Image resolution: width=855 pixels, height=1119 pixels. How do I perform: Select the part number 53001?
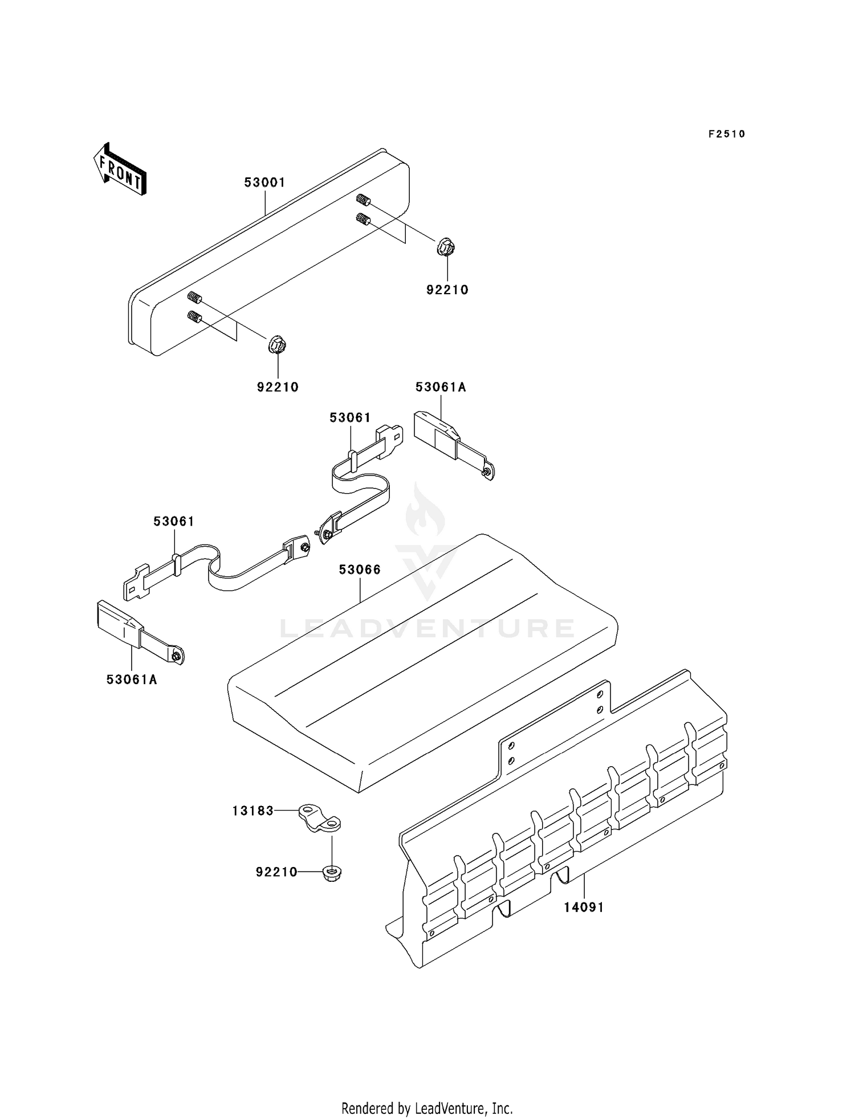tap(264, 182)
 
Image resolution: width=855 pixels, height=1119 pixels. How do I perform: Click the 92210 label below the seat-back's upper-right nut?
tap(447, 290)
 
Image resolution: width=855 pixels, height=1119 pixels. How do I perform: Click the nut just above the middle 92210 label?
tap(277, 345)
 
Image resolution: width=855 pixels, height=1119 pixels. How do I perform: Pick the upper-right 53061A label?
tap(441, 387)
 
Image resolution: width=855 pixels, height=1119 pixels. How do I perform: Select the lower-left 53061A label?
tap(131, 679)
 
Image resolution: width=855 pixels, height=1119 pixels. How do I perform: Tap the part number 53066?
tap(360, 569)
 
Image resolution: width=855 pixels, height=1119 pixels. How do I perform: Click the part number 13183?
tap(253, 810)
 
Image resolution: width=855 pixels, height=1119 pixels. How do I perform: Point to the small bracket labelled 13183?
tap(320, 818)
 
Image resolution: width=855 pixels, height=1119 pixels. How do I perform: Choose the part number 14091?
tap(584, 907)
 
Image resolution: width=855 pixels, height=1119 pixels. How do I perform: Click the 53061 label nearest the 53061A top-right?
tap(350, 417)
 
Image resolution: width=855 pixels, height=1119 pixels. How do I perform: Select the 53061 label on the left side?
tap(174, 521)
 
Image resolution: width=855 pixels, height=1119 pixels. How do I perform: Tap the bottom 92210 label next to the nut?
tap(276, 872)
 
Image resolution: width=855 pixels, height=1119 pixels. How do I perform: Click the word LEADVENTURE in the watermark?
tap(427, 628)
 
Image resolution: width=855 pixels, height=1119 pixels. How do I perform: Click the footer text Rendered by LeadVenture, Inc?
tap(427, 1109)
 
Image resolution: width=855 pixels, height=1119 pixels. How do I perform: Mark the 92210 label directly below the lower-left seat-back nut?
tap(278, 387)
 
